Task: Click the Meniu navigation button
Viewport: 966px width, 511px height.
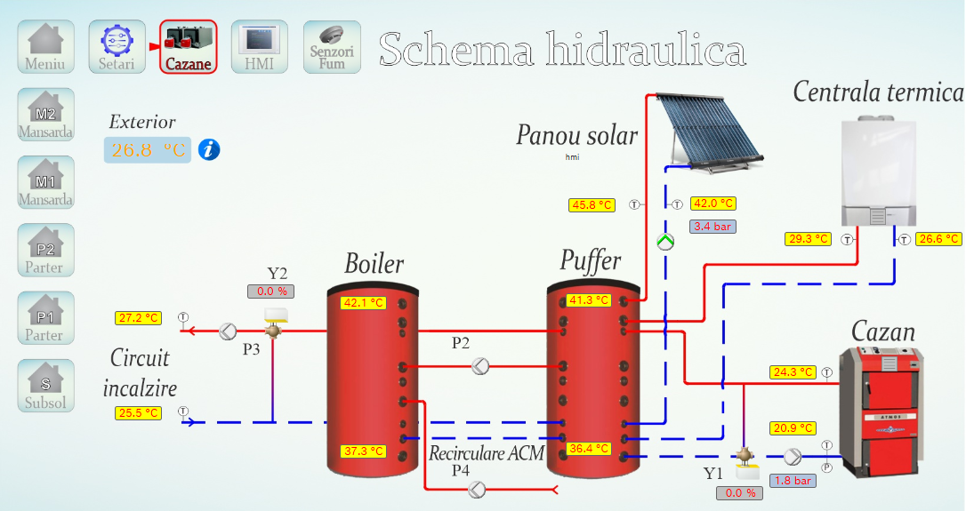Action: pyautogui.click(x=45, y=46)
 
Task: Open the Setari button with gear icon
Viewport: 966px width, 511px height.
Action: pyautogui.click(x=117, y=46)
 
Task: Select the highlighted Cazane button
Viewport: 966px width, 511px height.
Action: pyautogui.click(x=188, y=46)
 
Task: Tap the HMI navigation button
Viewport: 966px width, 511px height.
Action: pyautogui.click(x=259, y=46)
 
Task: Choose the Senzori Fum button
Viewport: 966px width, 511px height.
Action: pyautogui.click(x=332, y=46)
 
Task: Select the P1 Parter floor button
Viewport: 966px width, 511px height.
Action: pyautogui.click(x=44, y=317)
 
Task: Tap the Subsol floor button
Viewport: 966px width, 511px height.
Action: pyautogui.click(x=45, y=385)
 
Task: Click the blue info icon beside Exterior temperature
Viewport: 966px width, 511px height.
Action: pyautogui.click(x=209, y=149)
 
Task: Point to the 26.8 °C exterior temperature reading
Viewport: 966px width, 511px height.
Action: pyautogui.click(x=148, y=149)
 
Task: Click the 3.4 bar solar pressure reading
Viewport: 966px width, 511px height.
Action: pyautogui.click(x=712, y=227)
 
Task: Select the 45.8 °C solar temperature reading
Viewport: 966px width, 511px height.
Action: pyautogui.click(x=592, y=205)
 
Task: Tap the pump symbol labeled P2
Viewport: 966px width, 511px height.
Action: pyautogui.click(x=481, y=364)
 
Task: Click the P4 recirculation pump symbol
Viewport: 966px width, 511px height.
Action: pyautogui.click(x=478, y=489)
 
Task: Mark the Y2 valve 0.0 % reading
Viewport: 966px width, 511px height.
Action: pyautogui.click(x=270, y=291)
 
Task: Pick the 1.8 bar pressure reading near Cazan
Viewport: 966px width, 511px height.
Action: pyautogui.click(x=793, y=481)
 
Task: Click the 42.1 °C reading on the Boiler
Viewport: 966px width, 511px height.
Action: pyautogui.click(x=363, y=303)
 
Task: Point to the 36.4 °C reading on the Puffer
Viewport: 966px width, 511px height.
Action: pyautogui.click(x=589, y=449)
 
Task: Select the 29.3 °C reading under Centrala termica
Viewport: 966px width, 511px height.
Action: pyautogui.click(x=808, y=239)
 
